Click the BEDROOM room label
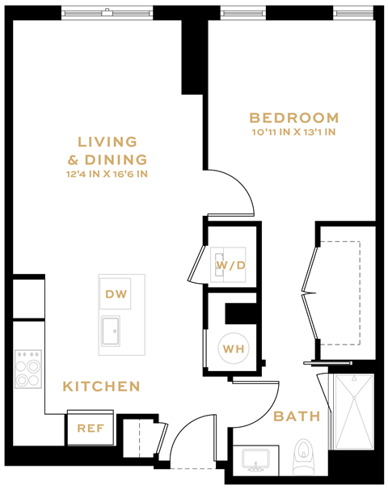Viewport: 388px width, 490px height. (294, 117)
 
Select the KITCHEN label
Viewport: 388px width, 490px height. (102, 387)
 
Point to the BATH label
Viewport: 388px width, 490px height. (297, 416)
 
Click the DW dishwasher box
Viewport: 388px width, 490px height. (116, 294)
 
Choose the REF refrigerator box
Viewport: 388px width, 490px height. (91, 428)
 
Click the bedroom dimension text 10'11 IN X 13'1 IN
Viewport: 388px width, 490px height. (293, 133)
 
